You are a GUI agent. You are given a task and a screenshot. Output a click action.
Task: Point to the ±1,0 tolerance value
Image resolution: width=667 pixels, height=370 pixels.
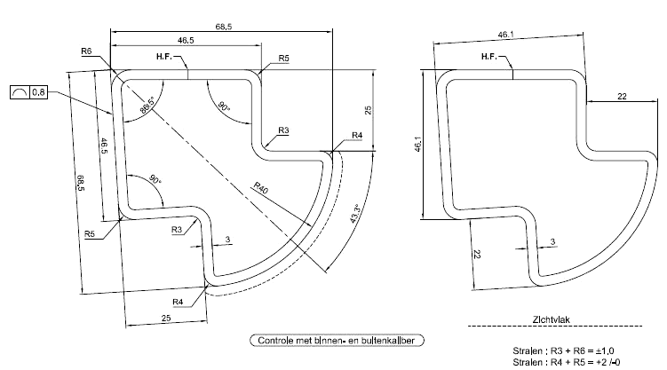click(x=607, y=350)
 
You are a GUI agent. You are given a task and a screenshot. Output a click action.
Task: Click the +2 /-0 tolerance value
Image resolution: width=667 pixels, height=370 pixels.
click(x=609, y=362)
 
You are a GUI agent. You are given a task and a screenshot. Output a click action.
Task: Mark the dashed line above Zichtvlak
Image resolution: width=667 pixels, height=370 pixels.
click(x=542, y=326)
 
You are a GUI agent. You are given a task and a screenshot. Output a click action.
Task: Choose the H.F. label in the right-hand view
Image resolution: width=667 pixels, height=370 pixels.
click(x=489, y=58)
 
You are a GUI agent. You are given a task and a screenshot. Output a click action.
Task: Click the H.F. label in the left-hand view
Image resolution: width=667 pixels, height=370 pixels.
click(x=163, y=58)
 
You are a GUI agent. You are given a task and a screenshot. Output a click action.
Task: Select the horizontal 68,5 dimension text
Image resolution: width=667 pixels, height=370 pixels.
click(x=223, y=28)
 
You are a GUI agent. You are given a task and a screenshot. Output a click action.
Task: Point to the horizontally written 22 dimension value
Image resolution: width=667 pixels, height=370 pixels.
click(x=622, y=96)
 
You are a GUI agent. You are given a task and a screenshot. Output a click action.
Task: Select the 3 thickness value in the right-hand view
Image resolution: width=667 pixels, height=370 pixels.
click(x=552, y=240)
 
